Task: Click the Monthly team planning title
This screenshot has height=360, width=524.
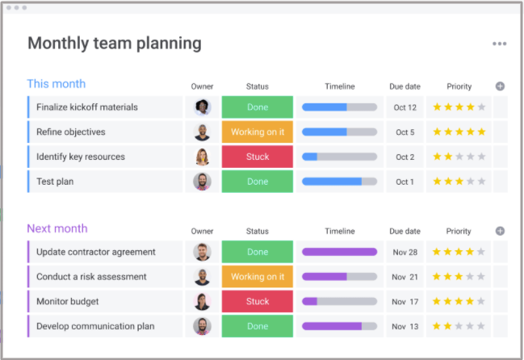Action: (x=114, y=44)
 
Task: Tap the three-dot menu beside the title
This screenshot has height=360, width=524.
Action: (x=500, y=44)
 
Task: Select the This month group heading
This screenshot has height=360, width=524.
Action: (x=56, y=84)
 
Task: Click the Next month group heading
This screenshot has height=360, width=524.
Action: (x=57, y=228)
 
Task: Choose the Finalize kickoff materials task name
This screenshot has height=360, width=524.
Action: (x=86, y=107)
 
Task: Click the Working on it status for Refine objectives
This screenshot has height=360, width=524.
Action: (x=258, y=132)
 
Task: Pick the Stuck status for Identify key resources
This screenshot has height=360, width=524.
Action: (x=258, y=157)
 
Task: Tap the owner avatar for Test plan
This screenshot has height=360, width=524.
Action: (x=202, y=182)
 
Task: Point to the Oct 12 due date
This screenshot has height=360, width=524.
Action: (x=405, y=107)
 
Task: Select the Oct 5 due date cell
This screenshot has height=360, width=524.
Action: (x=405, y=132)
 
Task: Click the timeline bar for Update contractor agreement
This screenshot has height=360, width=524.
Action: (x=339, y=252)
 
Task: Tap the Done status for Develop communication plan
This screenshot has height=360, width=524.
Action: (x=258, y=326)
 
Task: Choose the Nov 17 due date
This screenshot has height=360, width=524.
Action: (x=405, y=302)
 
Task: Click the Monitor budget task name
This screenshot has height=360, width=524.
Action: (x=68, y=301)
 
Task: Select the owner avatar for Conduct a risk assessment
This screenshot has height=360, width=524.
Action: (x=202, y=277)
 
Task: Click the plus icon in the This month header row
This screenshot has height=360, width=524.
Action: (x=500, y=86)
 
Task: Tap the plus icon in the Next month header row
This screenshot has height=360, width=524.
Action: (x=500, y=231)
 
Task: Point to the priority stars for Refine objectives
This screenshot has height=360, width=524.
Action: (x=459, y=132)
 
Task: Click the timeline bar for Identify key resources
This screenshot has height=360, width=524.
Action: (x=339, y=157)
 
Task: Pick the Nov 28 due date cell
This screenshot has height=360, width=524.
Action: (x=405, y=252)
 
